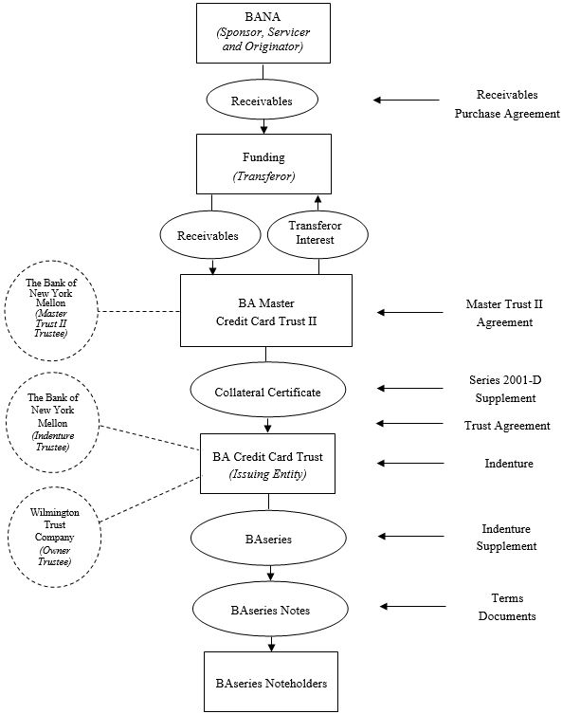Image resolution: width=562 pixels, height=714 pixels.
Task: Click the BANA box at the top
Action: [x=263, y=33]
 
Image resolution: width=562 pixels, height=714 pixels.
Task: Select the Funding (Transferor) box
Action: [x=263, y=164]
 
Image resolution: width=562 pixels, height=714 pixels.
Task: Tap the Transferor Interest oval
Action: [x=317, y=234]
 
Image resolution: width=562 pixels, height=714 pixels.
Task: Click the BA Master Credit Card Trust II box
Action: [x=266, y=310]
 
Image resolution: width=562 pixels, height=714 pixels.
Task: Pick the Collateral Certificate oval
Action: [x=267, y=390]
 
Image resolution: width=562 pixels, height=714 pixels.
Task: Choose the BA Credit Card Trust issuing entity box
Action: [x=267, y=464]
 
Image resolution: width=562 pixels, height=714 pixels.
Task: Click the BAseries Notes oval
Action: [x=270, y=609]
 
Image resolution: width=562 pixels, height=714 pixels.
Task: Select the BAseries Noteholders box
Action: [x=271, y=682]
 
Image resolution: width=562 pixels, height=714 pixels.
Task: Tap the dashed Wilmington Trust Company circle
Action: [x=54, y=537]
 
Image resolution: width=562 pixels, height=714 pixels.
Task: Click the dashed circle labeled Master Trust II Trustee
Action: [x=51, y=311]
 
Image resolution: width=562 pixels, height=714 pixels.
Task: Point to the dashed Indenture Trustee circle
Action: [x=52, y=422]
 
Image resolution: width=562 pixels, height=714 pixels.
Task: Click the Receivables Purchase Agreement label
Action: [x=507, y=103]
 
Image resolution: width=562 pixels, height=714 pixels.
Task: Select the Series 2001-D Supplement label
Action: [x=505, y=389]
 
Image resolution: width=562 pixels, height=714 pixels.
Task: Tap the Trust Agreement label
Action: [x=507, y=426]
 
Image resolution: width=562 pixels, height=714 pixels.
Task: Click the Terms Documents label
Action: [x=507, y=607]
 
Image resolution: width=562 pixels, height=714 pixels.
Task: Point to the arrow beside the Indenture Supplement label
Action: [x=411, y=536]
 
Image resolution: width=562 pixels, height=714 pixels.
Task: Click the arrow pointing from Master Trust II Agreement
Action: [x=410, y=312]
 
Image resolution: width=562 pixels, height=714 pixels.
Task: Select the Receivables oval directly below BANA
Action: [x=263, y=101]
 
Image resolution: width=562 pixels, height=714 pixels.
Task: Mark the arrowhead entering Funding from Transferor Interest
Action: [x=318, y=199]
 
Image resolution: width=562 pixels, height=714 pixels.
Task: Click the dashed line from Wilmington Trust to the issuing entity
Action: [x=150, y=499]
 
